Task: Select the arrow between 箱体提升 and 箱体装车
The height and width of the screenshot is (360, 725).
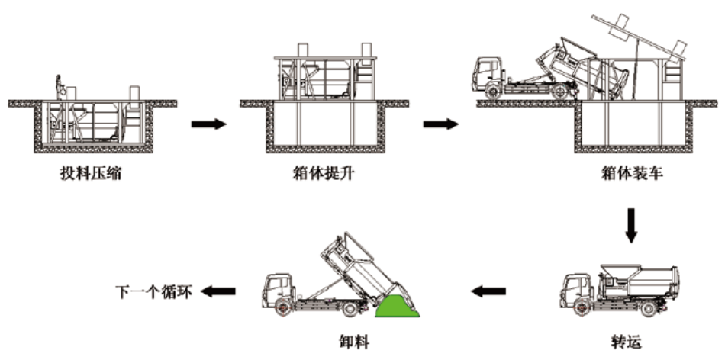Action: coord(441,123)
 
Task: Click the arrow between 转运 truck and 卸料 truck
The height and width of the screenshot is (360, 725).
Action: coord(488,291)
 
